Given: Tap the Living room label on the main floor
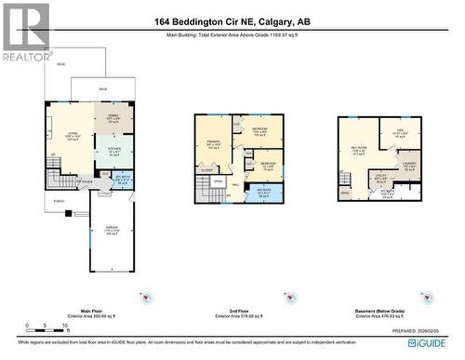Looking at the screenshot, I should [x=71, y=137].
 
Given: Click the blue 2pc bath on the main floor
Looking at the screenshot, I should [x=122, y=180].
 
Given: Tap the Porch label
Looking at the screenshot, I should [x=59, y=201].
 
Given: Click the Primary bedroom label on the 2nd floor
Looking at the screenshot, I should [x=213, y=144].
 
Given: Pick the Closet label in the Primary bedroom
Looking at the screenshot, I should [x=206, y=170].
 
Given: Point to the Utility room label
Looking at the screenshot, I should [x=380, y=176].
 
